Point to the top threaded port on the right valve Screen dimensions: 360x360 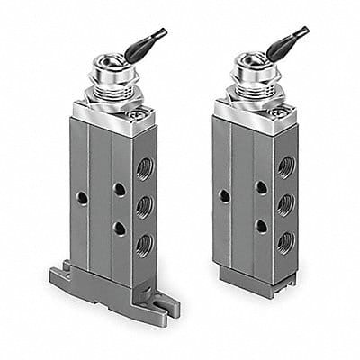click(285, 166)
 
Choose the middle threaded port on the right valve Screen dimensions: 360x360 click(285, 203)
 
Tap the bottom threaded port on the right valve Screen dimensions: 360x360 click(285, 240)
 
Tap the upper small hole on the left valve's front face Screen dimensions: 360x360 click(119, 189)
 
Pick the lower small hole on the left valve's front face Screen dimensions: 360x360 click(119, 228)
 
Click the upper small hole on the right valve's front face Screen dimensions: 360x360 click(260, 187)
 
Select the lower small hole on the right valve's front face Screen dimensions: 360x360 click(260, 226)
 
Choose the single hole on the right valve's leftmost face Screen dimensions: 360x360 click(224, 194)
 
